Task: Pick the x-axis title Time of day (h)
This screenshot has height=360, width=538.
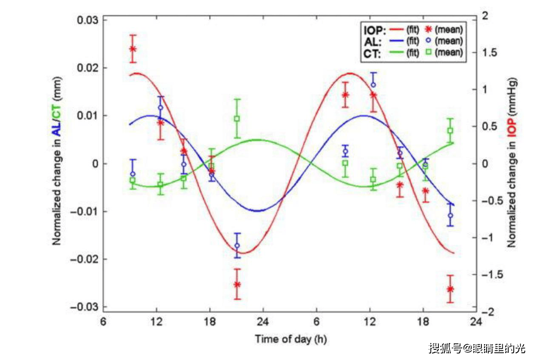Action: [x=291, y=339]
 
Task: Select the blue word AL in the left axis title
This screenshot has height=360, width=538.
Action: [x=56, y=128]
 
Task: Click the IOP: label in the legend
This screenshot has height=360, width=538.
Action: [x=375, y=30]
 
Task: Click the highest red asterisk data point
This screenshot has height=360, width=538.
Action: [x=133, y=49]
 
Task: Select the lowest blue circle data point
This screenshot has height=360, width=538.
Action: [x=237, y=246]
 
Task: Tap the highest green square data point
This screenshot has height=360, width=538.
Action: [x=237, y=119]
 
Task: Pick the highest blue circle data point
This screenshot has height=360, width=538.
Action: [x=373, y=85]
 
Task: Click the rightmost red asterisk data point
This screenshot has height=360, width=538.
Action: [x=450, y=289]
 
